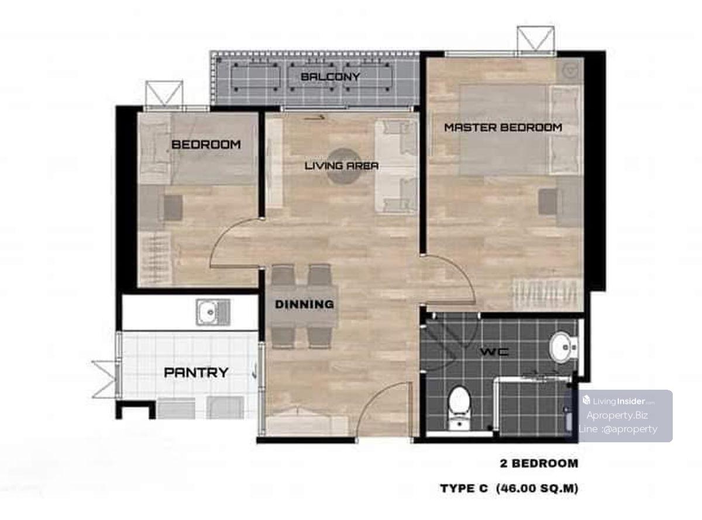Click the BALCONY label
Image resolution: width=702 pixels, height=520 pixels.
[x=330, y=77]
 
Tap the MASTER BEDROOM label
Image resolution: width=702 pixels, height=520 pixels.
[x=503, y=127]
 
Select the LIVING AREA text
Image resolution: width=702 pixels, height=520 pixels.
[x=342, y=166]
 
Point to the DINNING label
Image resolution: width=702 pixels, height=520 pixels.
[x=304, y=304]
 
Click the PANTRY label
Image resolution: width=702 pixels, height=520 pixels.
[x=196, y=372]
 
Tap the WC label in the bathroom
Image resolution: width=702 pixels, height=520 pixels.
[x=494, y=352]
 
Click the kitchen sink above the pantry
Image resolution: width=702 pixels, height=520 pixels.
[x=213, y=313]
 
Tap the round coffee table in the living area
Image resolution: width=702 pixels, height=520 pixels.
[x=344, y=167]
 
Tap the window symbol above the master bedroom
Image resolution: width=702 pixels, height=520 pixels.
[x=535, y=39]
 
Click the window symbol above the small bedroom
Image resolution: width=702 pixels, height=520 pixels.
[x=164, y=93]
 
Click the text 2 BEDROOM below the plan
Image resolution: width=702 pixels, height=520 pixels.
[x=539, y=463]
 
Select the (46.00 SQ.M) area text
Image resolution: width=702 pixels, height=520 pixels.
[x=537, y=488]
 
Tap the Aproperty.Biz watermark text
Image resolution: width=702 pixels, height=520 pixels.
[x=617, y=415]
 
